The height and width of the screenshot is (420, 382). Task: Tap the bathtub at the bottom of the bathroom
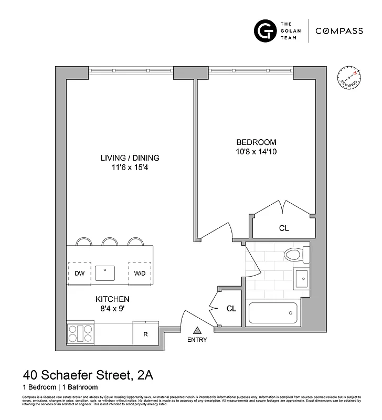pyautogui.click(x=273, y=313)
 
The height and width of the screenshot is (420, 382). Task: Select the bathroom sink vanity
pyautogui.click(x=301, y=279)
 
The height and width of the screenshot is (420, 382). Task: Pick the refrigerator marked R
pyautogui.click(x=145, y=333)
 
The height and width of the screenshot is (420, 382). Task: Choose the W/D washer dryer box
pyautogui.click(x=140, y=272)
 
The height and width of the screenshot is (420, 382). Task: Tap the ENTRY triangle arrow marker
pyautogui.click(x=197, y=330)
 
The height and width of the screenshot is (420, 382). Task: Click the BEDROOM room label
pyautogui.click(x=256, y=142)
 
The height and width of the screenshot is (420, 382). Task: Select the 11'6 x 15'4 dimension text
pyautogui.click(x=130, y=168)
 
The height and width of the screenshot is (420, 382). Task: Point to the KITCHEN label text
pyautogui.click(x=112, y=299)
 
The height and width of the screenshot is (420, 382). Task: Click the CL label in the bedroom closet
pyautogui.click(x=283, y=228)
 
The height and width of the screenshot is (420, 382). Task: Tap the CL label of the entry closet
pyautogui.click(x=231, y=309)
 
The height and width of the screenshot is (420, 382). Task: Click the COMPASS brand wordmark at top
pyautogui.click(x=339, y=31)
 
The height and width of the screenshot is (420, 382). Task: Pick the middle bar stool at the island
pyautogui.click(x=110, y=241)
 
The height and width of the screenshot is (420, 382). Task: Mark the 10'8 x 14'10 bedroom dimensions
pyautogui.click(x=256, y=153)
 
